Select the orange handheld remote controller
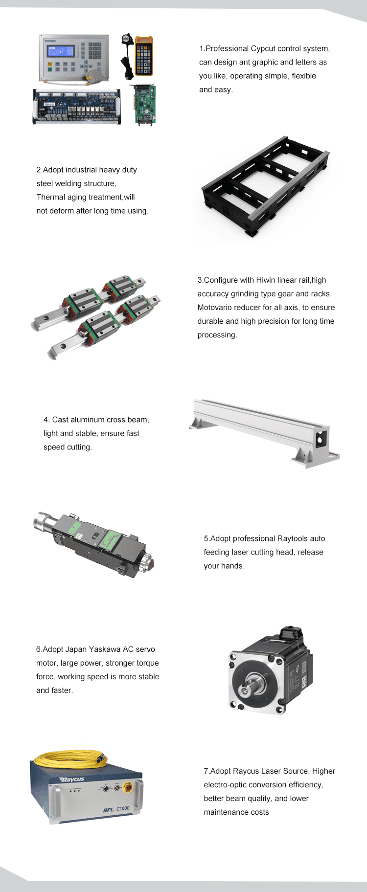click(144, 56)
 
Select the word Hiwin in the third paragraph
click(266, 280)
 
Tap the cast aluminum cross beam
click(264, 430)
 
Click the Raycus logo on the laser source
click(72, 779)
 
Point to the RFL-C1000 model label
click(116, 809)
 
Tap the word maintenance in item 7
click(236, 812)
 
